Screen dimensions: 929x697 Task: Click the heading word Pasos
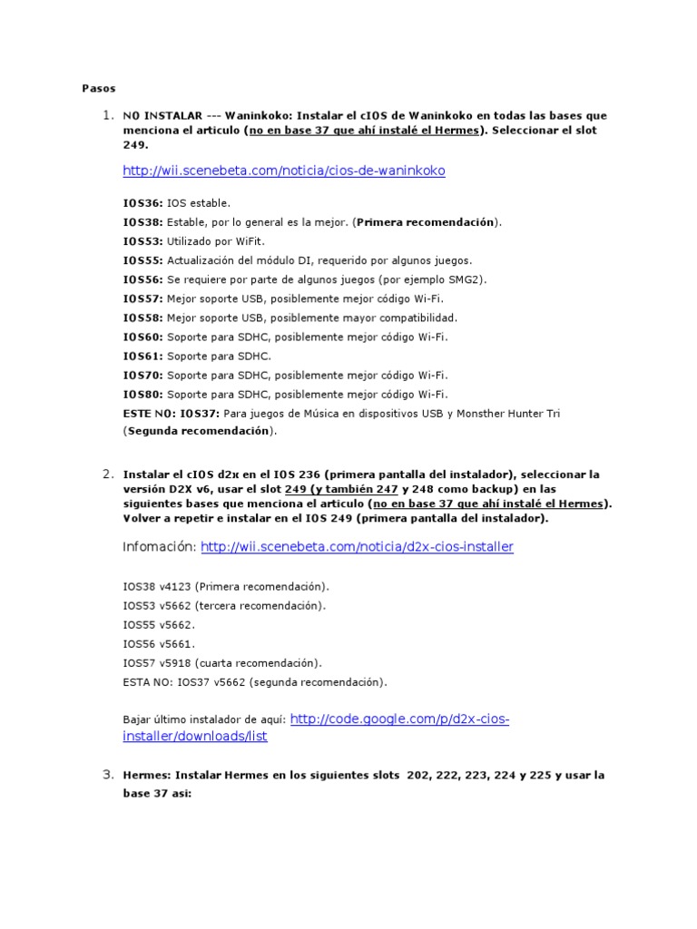pos(98,88)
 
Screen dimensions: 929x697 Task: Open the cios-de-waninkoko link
pos(284,171)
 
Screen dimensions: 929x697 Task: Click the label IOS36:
pos(143,203)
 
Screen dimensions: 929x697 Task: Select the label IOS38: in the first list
pos(143,222)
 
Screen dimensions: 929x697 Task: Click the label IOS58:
pos(143,318)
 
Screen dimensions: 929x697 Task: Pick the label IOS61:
pos(143,356)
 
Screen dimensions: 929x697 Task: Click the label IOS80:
pos(143,394)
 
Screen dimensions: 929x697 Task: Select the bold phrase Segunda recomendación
pos(198,432)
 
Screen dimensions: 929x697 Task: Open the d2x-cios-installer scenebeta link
pos(357,547)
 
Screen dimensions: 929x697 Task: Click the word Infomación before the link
pos(159,547)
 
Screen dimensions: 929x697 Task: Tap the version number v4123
pos(175,586)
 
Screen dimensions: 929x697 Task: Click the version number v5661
pos(175,643)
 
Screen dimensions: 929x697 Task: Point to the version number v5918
pos(175,662)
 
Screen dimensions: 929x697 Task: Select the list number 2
pos(107,474)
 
